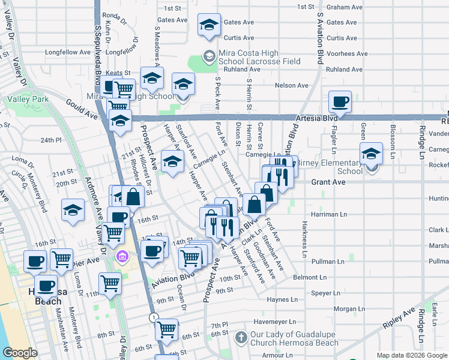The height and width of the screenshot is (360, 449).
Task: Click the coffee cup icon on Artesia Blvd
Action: tap(340, 102)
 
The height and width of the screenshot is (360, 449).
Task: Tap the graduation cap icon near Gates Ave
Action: tap(209, 25)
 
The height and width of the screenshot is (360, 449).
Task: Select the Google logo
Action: tap(20, 353)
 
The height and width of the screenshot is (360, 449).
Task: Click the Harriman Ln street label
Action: tap(329, 214)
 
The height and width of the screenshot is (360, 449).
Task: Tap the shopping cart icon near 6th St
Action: tap(166, 329)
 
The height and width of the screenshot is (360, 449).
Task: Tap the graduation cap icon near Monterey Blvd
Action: tap(73, 210)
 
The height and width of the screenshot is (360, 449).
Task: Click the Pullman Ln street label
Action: tap(328, 262)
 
